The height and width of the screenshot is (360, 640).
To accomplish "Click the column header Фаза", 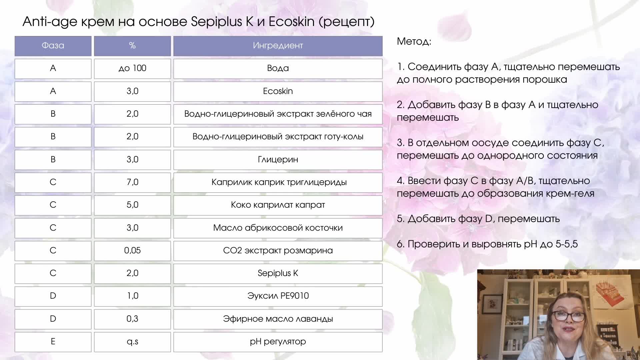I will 53,46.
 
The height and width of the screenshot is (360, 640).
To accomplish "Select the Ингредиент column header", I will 278,46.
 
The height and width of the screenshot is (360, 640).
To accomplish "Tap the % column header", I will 132,46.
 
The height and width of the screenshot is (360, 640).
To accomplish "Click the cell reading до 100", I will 132,68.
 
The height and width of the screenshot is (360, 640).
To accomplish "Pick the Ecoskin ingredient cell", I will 278,91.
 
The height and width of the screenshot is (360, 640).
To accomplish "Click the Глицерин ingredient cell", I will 278,159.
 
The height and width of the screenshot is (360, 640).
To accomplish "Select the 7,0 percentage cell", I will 132,182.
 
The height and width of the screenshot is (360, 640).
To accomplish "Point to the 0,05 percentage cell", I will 132,250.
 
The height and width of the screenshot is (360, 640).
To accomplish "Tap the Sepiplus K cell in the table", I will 278,273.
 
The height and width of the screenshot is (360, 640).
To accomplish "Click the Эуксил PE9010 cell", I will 278,296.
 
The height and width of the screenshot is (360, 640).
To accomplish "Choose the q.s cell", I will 132,341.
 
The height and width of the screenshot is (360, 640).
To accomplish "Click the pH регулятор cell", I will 278,341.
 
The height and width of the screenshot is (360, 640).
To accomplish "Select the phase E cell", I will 53,341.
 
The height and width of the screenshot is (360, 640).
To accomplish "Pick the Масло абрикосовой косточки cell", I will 278,228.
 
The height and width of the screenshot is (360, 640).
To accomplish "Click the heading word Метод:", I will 414,42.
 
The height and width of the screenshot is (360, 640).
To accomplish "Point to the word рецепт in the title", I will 347,22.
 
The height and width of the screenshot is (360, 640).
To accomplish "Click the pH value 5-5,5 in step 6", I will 566,244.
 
